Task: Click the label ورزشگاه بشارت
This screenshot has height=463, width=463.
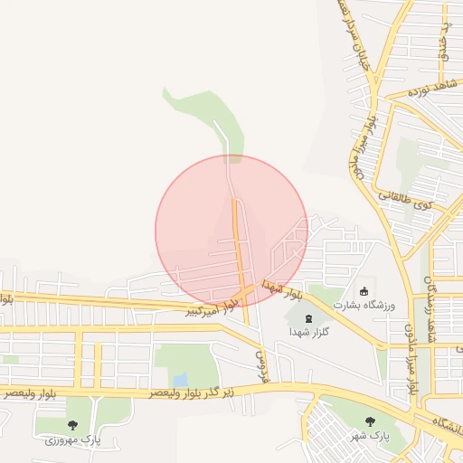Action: pos(364,305)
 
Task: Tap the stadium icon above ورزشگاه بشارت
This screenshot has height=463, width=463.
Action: pos(364,291)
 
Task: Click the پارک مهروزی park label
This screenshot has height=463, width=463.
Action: pos(73,439)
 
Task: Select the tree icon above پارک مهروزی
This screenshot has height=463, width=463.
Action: pos(72,425)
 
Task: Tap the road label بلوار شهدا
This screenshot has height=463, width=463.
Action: pos(282,290)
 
